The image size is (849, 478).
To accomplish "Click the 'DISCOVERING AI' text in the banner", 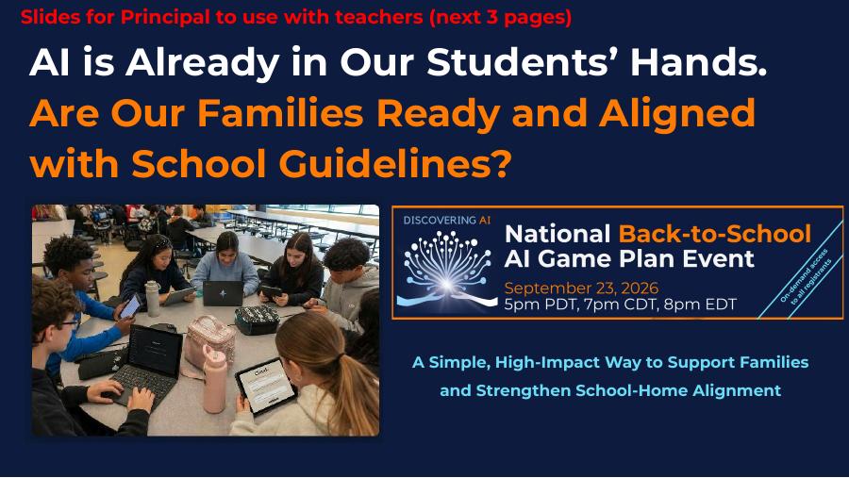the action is click(447, 221).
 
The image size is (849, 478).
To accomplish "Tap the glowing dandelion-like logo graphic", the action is click(447, 269).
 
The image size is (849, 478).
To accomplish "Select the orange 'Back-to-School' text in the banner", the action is click(715, 234).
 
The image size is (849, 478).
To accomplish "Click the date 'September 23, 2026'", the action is click(581, 288).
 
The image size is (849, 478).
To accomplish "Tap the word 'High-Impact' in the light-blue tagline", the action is click(547, 363).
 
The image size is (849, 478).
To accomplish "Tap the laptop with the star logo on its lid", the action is click(223, 293).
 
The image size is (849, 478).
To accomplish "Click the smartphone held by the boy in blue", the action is click(130, 306).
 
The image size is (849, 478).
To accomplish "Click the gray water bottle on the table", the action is click(153, 299).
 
